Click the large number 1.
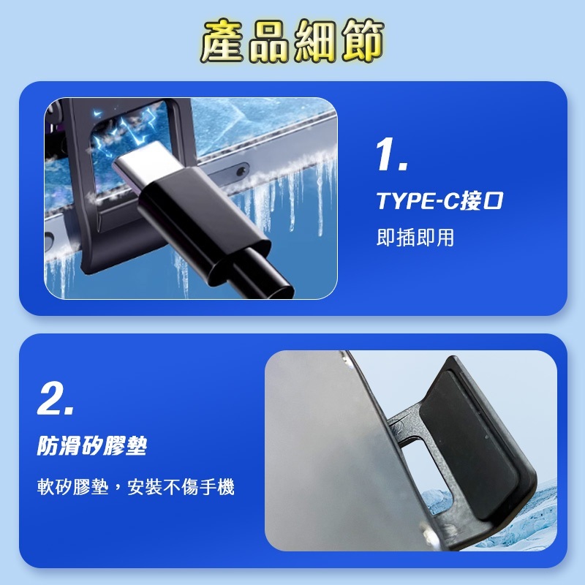click(x=391, y=154)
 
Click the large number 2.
click(x=55, y=399)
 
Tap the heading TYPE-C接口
click(x=439, y=201)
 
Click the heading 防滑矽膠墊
click(x=92, y=446)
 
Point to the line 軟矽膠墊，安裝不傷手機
click(x=136, y=487)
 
